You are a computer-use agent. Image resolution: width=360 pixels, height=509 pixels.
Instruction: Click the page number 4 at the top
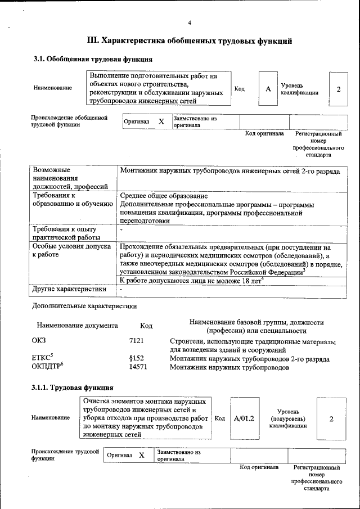(190, 22)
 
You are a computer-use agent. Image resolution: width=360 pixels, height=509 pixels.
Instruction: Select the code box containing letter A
(268, 89)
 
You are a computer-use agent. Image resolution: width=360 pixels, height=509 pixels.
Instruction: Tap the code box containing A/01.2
(244, 419)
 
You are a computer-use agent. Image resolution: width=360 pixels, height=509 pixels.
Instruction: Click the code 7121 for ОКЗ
(137, 341)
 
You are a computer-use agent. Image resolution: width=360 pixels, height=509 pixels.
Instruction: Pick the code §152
(137, 359)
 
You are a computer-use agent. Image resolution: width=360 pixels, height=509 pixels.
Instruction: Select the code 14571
(138, 367)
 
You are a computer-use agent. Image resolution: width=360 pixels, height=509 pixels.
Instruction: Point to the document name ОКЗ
(39, 341)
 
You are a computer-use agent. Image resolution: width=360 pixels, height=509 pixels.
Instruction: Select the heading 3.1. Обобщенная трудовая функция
(92, 58)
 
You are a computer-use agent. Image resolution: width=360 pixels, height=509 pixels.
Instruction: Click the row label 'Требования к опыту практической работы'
(64, 233)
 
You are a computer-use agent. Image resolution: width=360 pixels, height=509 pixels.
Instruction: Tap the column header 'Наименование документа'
(77, 326)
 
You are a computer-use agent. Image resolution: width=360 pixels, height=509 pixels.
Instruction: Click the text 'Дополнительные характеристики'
(84, 307)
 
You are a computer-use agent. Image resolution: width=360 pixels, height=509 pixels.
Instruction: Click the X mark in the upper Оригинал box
(161, 121)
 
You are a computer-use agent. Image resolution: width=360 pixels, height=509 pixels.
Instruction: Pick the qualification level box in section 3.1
(338, 89)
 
